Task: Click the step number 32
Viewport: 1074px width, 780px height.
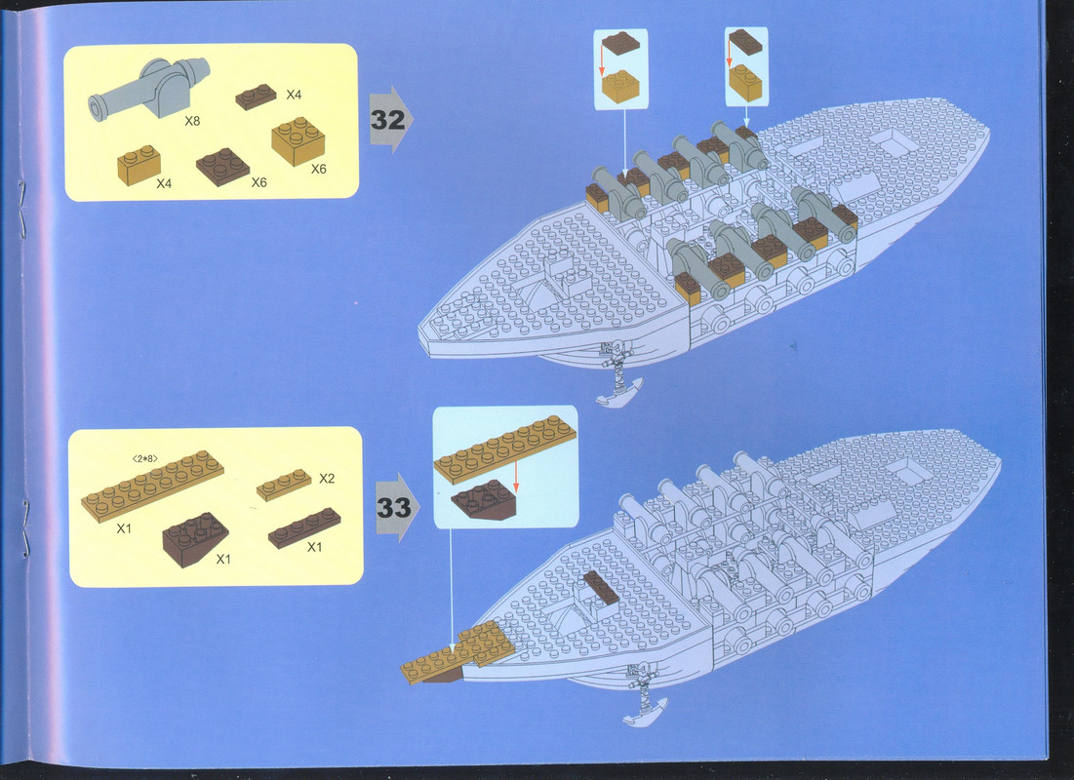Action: [387, 120]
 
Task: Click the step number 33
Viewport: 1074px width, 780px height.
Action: [394, 507]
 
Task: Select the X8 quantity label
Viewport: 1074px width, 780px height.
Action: [192, 121]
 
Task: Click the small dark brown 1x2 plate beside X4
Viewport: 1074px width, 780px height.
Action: [256, 97]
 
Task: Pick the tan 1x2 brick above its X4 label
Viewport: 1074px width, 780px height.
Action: [139, 165]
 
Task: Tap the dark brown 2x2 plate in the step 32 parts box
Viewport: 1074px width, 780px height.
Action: [222, 167]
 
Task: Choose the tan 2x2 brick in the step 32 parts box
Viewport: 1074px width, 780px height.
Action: [298, 141]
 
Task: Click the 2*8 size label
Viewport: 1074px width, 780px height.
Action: [144, 458]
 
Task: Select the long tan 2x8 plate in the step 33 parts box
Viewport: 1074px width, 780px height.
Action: [152, 487]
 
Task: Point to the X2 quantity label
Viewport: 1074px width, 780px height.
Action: [327, 478]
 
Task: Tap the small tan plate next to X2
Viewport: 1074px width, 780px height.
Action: [284, 485]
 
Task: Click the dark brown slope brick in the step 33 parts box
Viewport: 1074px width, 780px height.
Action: [195, 539]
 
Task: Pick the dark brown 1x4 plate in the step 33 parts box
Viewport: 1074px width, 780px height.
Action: [304, 528]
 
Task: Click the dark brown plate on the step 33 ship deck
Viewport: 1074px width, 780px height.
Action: [602, 588]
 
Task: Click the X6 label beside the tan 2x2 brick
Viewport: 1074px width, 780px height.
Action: [319, 169]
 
